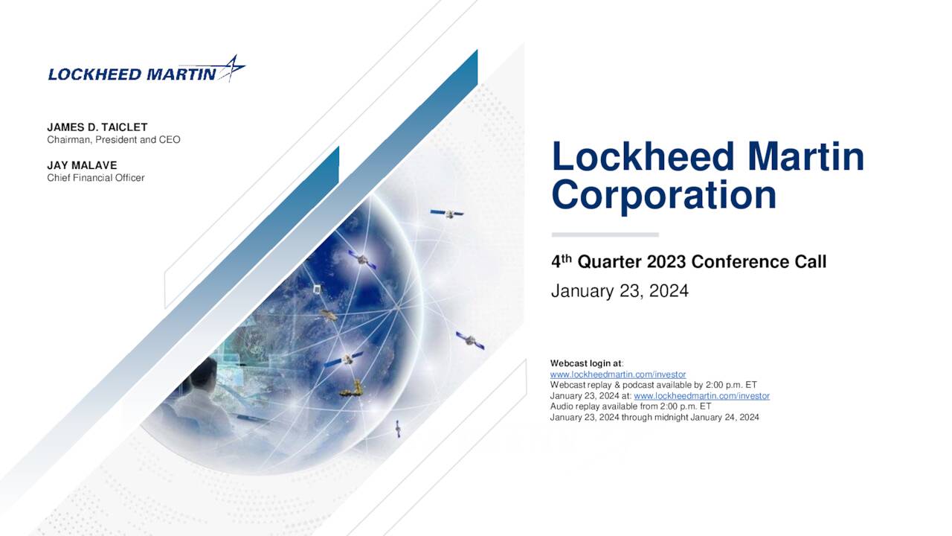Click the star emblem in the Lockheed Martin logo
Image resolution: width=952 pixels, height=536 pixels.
pyautogui.click(x=232, y=68)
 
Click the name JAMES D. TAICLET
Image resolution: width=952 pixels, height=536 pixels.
pyautogui.click(x=97, y=127)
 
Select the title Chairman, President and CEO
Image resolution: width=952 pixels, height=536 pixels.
pyautogui.click(x=114, y=140)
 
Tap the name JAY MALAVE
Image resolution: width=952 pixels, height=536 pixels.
pyautogui.click(x=82, y=165)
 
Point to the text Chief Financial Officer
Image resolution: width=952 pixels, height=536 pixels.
pyautogui.click(x=96, y=178)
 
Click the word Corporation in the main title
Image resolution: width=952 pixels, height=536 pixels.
pyautogui.click(x=664, y=196)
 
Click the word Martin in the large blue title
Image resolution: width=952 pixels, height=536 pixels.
pyautogui.click(x=805, y=156)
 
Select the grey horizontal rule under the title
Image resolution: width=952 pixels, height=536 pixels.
pyautogui.click(x=605, y=234)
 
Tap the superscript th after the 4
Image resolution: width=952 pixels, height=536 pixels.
pyautogui.click(x=566, y=258)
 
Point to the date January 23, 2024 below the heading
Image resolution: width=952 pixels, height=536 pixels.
pyautogui.click(x=620, y=291)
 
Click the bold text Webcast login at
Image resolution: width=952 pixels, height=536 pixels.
pyautogui.click(x=586, y=363)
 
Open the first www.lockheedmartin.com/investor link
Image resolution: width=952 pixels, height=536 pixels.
pyautogui.click(x=618, y=374)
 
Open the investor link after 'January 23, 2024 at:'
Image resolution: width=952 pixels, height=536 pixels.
pyautogui.click(x=701, y=396)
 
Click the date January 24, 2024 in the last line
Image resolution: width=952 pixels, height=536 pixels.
pyautogui.click(x=724, y=418)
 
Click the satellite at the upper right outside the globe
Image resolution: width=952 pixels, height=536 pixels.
pyautogui.click(x=447, y=213)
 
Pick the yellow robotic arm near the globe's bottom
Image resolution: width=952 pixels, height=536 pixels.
pyautogui.click(x=353, y=389)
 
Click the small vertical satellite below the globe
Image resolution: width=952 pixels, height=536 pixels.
pyautogui.click(x=398, y=428)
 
